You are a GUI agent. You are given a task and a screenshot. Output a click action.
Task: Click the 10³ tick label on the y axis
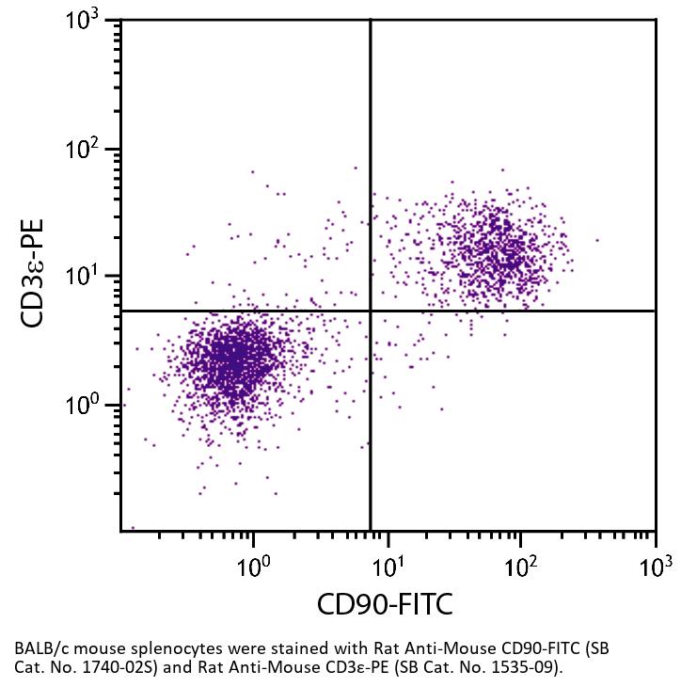(x=88, y=21)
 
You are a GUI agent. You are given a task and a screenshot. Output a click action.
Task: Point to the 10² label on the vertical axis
(x=88, y=149)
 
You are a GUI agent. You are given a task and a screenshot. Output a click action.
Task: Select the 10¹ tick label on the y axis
(x=88, y=278)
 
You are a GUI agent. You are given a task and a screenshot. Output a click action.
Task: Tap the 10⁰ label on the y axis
(x=88, y=406)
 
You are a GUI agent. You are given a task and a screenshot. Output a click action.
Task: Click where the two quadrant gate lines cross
(x=371, y=311)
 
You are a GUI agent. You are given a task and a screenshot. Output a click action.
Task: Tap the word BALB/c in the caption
(x=40, y=649)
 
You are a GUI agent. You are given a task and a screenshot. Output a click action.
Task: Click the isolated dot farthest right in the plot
(x=597, y=240)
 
